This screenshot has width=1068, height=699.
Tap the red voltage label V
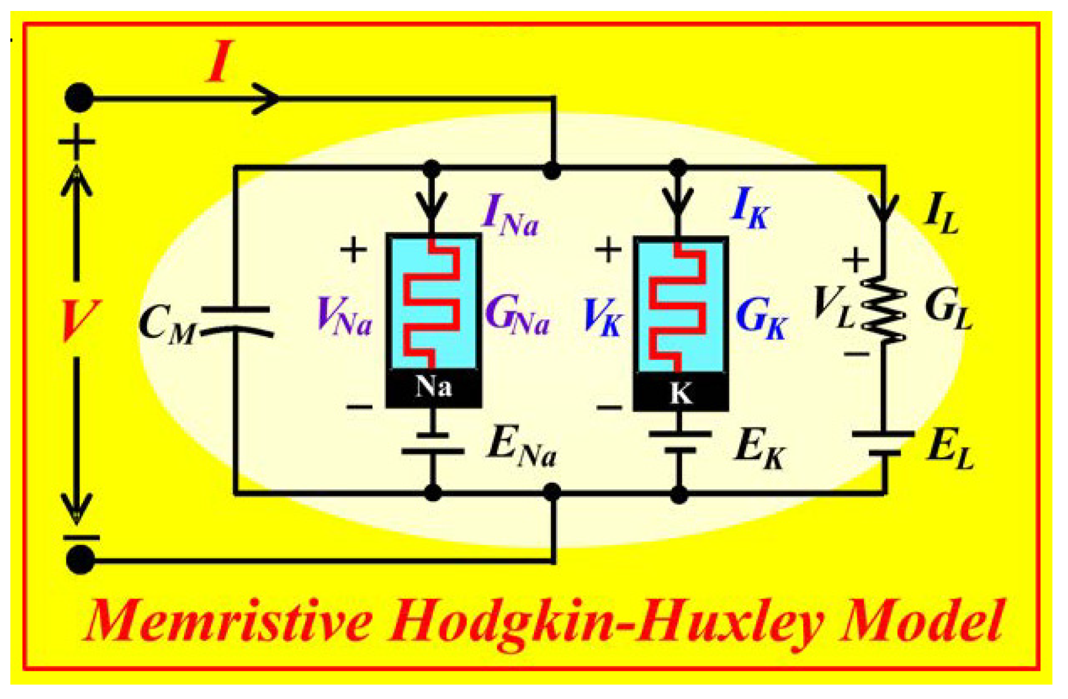pyautogui.click(x=76, y=320)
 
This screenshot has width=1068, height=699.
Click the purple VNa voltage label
pyautogui.click(x=345, y=317)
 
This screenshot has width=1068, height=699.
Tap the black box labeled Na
pyautogui.click(x=434, y=388)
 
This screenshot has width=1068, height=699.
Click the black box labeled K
pyautogui.click(x=680, y=394)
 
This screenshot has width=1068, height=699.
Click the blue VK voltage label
pyautogui.click(x=602, y=318)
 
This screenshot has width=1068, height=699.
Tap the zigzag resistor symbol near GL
pyautogui.click(x=884, y=309)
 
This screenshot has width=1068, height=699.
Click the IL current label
pyautogui.click(x=940, y=213)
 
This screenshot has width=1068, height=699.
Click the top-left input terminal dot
pyautogui.click(x=79, y=97)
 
